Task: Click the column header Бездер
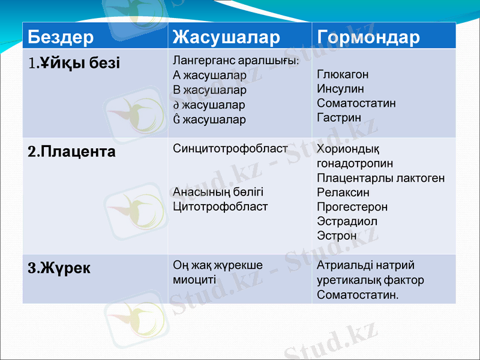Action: [x=61, y=37]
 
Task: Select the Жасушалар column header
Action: [x=226, y=37]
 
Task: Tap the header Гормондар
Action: [x=368, y=37]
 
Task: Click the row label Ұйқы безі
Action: [x=74, y=62]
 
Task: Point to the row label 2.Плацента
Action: [x=72, y=152]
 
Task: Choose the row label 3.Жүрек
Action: [x=59, y=268]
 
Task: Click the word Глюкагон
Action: [x=343, y=74]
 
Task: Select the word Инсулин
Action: [x=340, y=89]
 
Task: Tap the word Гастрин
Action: [x=339, y=118]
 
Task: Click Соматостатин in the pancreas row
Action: [x=356, y=103]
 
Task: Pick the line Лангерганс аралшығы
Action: [x=236, y=61]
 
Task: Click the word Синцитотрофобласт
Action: [x=230, y=148]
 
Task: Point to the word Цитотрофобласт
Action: [x=220, y=206]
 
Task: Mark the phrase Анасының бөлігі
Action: [x=218, y=192]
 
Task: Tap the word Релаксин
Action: [x=343, y=193]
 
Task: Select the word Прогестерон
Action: [x=352, y=207]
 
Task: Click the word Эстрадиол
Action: [x=347, y=221]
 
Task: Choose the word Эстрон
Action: [x=337, y=236]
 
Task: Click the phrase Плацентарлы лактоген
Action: [x=381, y=178]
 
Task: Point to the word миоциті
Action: [x=195, y=280]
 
